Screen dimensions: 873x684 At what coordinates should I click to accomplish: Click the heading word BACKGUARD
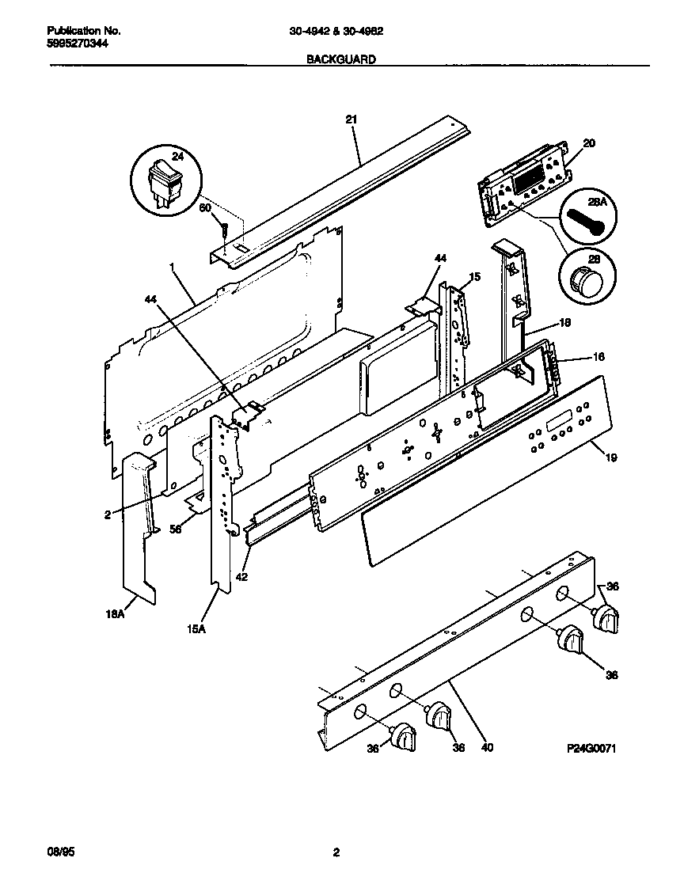click(341, 59)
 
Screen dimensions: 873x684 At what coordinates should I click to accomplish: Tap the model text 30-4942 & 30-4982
click(342, 32)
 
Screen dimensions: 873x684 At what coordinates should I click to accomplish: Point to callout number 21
click(351, 120)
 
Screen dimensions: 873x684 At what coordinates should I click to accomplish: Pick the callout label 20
click(588, 143)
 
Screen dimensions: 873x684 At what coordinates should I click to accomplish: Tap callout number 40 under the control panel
click(487, 746)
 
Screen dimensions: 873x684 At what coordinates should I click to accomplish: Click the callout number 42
click(241, 577)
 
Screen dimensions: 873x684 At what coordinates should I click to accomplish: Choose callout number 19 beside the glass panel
click(612, 457)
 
